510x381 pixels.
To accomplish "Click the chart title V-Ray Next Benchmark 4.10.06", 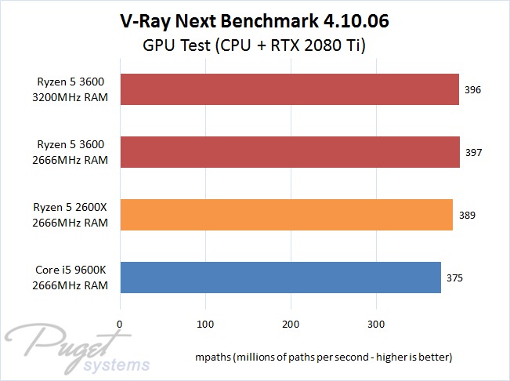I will point(255,21).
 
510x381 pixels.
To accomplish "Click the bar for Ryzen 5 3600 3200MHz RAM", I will point(289,89).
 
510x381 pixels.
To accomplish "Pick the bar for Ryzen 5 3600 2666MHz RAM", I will point(289,151).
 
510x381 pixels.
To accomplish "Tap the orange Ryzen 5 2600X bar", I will point(286,214).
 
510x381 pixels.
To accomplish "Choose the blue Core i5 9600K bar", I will point(280,277).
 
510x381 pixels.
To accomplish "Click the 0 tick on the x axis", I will point(120,323).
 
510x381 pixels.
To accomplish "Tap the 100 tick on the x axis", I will point(205,323).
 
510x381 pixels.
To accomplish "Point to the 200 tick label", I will point(291,323).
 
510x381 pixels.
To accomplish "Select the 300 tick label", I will point(377,323).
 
